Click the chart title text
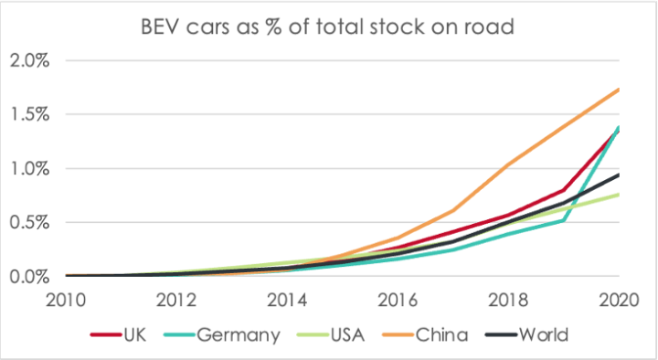[327, 26]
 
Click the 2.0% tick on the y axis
[30, 61]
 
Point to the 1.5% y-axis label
[30, 115]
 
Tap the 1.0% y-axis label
[30, 169]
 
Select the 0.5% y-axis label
[30, 222]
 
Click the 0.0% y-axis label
[30, 276]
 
